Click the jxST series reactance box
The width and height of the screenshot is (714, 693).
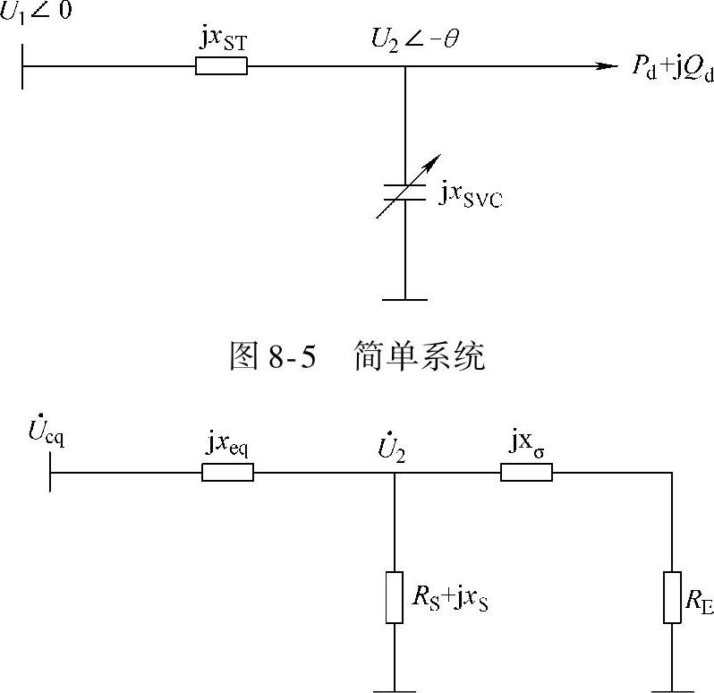[x=221, y=65]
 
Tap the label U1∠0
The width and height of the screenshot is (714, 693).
[x=38, y=15]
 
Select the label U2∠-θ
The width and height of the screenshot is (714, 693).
[x=416, y=39]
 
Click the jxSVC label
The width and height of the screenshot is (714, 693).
[x=471, y=195]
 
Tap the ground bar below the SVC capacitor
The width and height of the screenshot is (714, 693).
[x=405, y=299]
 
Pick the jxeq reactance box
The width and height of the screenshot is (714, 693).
[x=227, y=472]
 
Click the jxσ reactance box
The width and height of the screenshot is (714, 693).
[x=526, y=472]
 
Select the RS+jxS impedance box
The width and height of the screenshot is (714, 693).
[x=395, y=597]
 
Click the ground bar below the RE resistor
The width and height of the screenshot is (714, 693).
[x=673, y=690]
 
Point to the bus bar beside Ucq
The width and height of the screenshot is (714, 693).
[x=52, y=472]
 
